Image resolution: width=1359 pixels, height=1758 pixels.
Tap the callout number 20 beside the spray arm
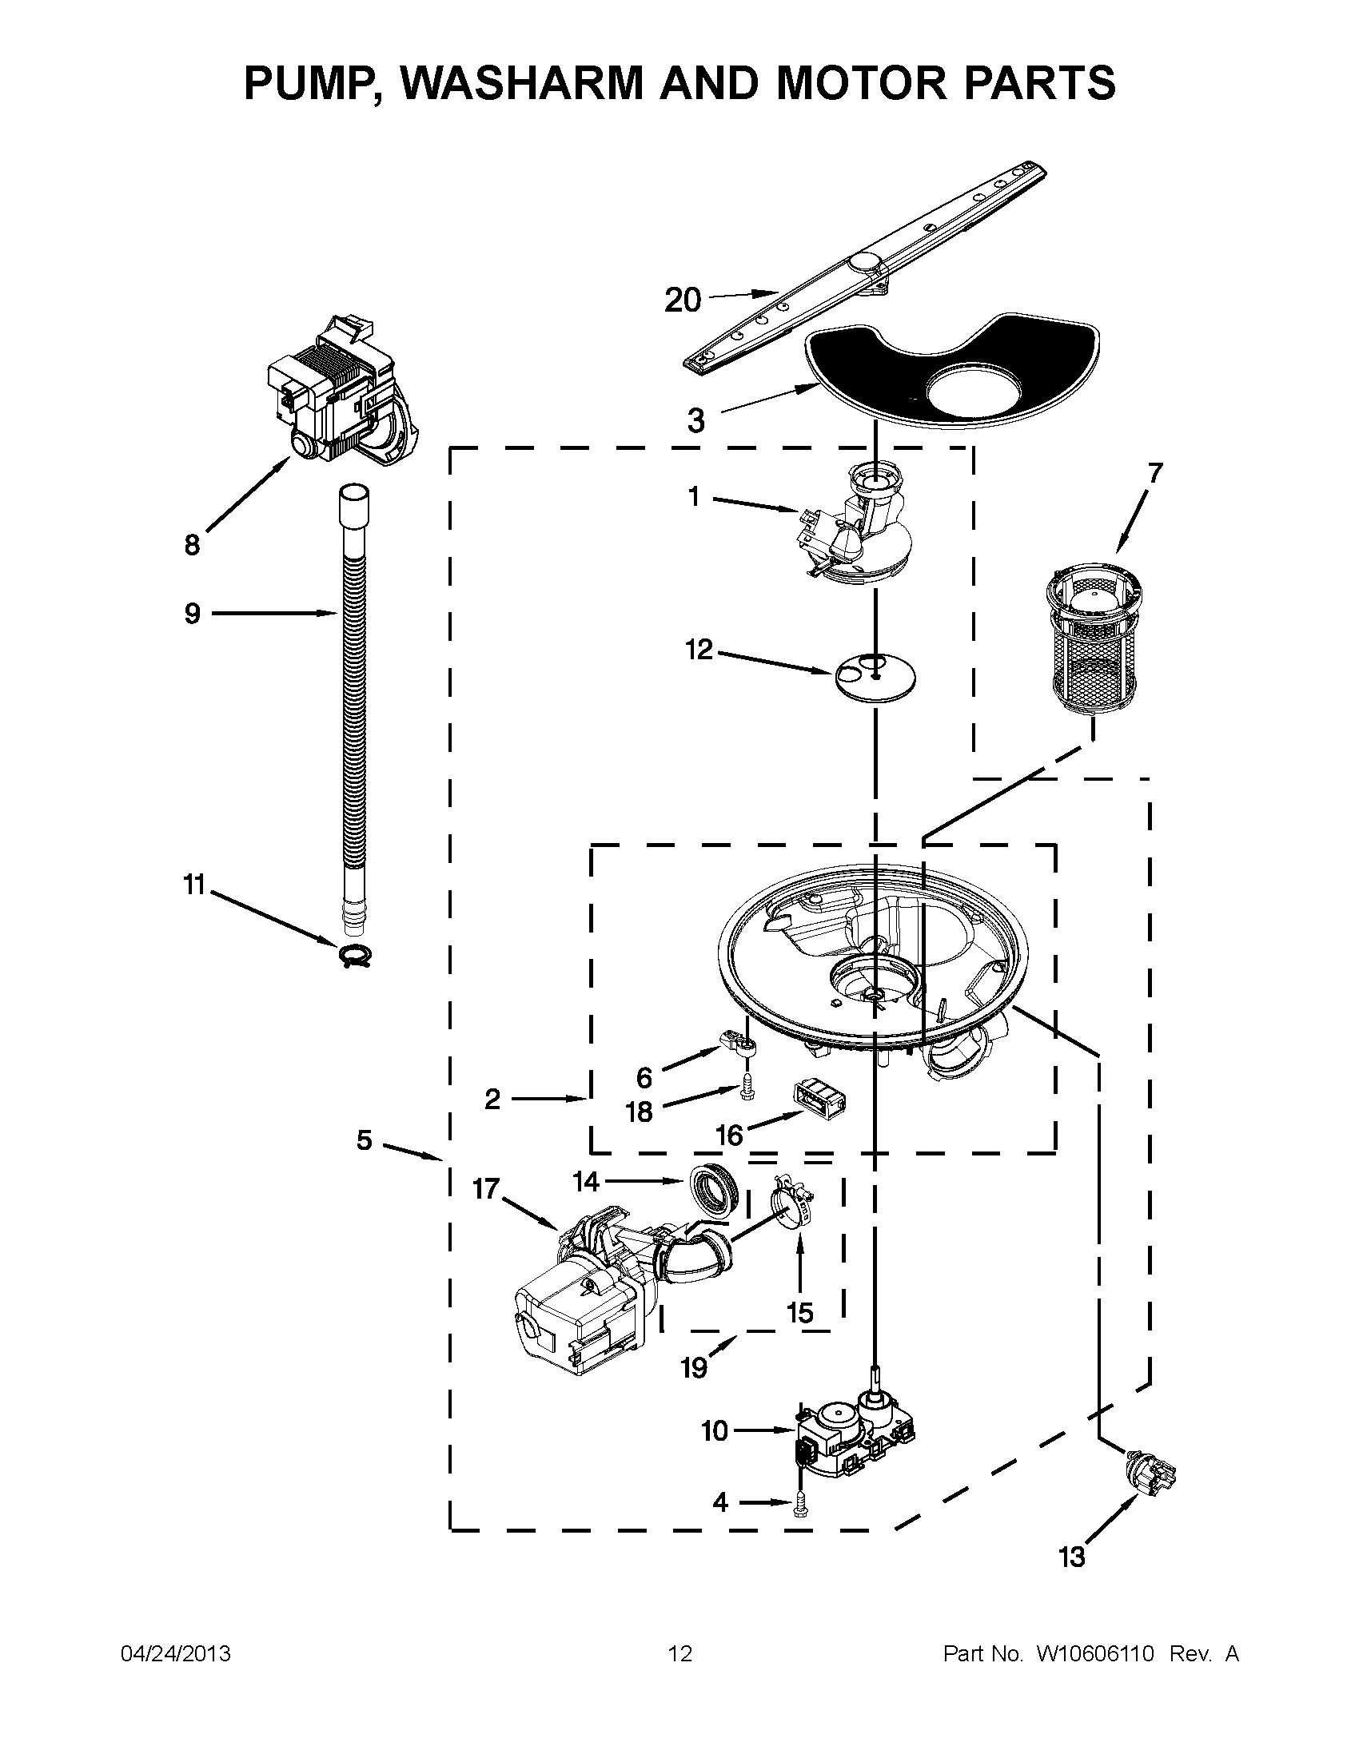pos(683,300)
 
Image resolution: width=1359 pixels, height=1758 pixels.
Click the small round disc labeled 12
pos(875,676)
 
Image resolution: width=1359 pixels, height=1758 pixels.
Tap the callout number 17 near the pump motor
pos(485,1188)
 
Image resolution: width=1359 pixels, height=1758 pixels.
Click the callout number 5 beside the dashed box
pos(365,1140)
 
